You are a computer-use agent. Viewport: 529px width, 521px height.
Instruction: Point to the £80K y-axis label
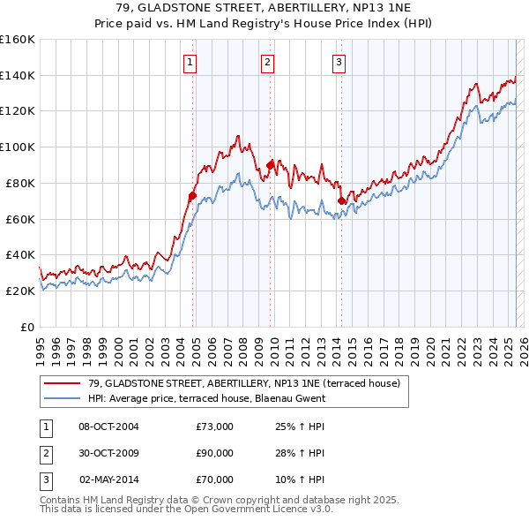(x=19, y=183)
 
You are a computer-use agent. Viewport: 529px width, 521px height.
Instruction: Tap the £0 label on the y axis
(x=29, y=327)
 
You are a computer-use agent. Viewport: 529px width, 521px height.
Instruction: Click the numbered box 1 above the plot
(x=190, y=62)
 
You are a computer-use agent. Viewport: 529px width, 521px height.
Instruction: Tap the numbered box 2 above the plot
(x=266, y=62)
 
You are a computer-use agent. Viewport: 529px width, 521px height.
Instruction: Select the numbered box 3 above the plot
(x=339, y=62)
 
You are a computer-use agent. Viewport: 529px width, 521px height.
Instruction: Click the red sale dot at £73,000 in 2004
(x=191, y=196)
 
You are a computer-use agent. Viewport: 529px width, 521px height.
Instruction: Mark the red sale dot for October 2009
(x=270, y=165)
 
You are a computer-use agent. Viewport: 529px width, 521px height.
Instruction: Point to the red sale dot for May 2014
(x=340, y=201)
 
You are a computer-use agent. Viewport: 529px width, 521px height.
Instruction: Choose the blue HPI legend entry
(x=206, y=398)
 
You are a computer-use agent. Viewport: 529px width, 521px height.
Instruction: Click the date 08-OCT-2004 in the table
(x=108, y=427)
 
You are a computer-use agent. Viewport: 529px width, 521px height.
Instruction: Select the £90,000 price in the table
(x=214, y=453)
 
